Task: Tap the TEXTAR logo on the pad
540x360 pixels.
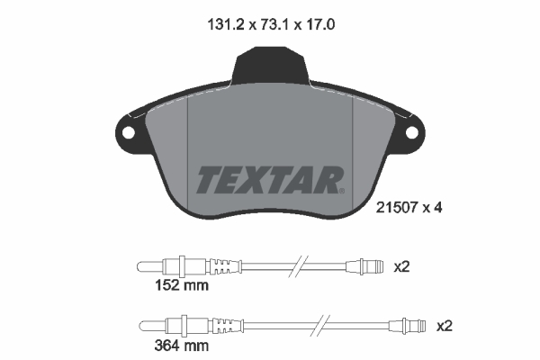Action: (267, 179)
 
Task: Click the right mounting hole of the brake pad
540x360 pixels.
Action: (412, 132)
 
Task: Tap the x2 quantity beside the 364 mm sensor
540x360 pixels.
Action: (443, 325)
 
